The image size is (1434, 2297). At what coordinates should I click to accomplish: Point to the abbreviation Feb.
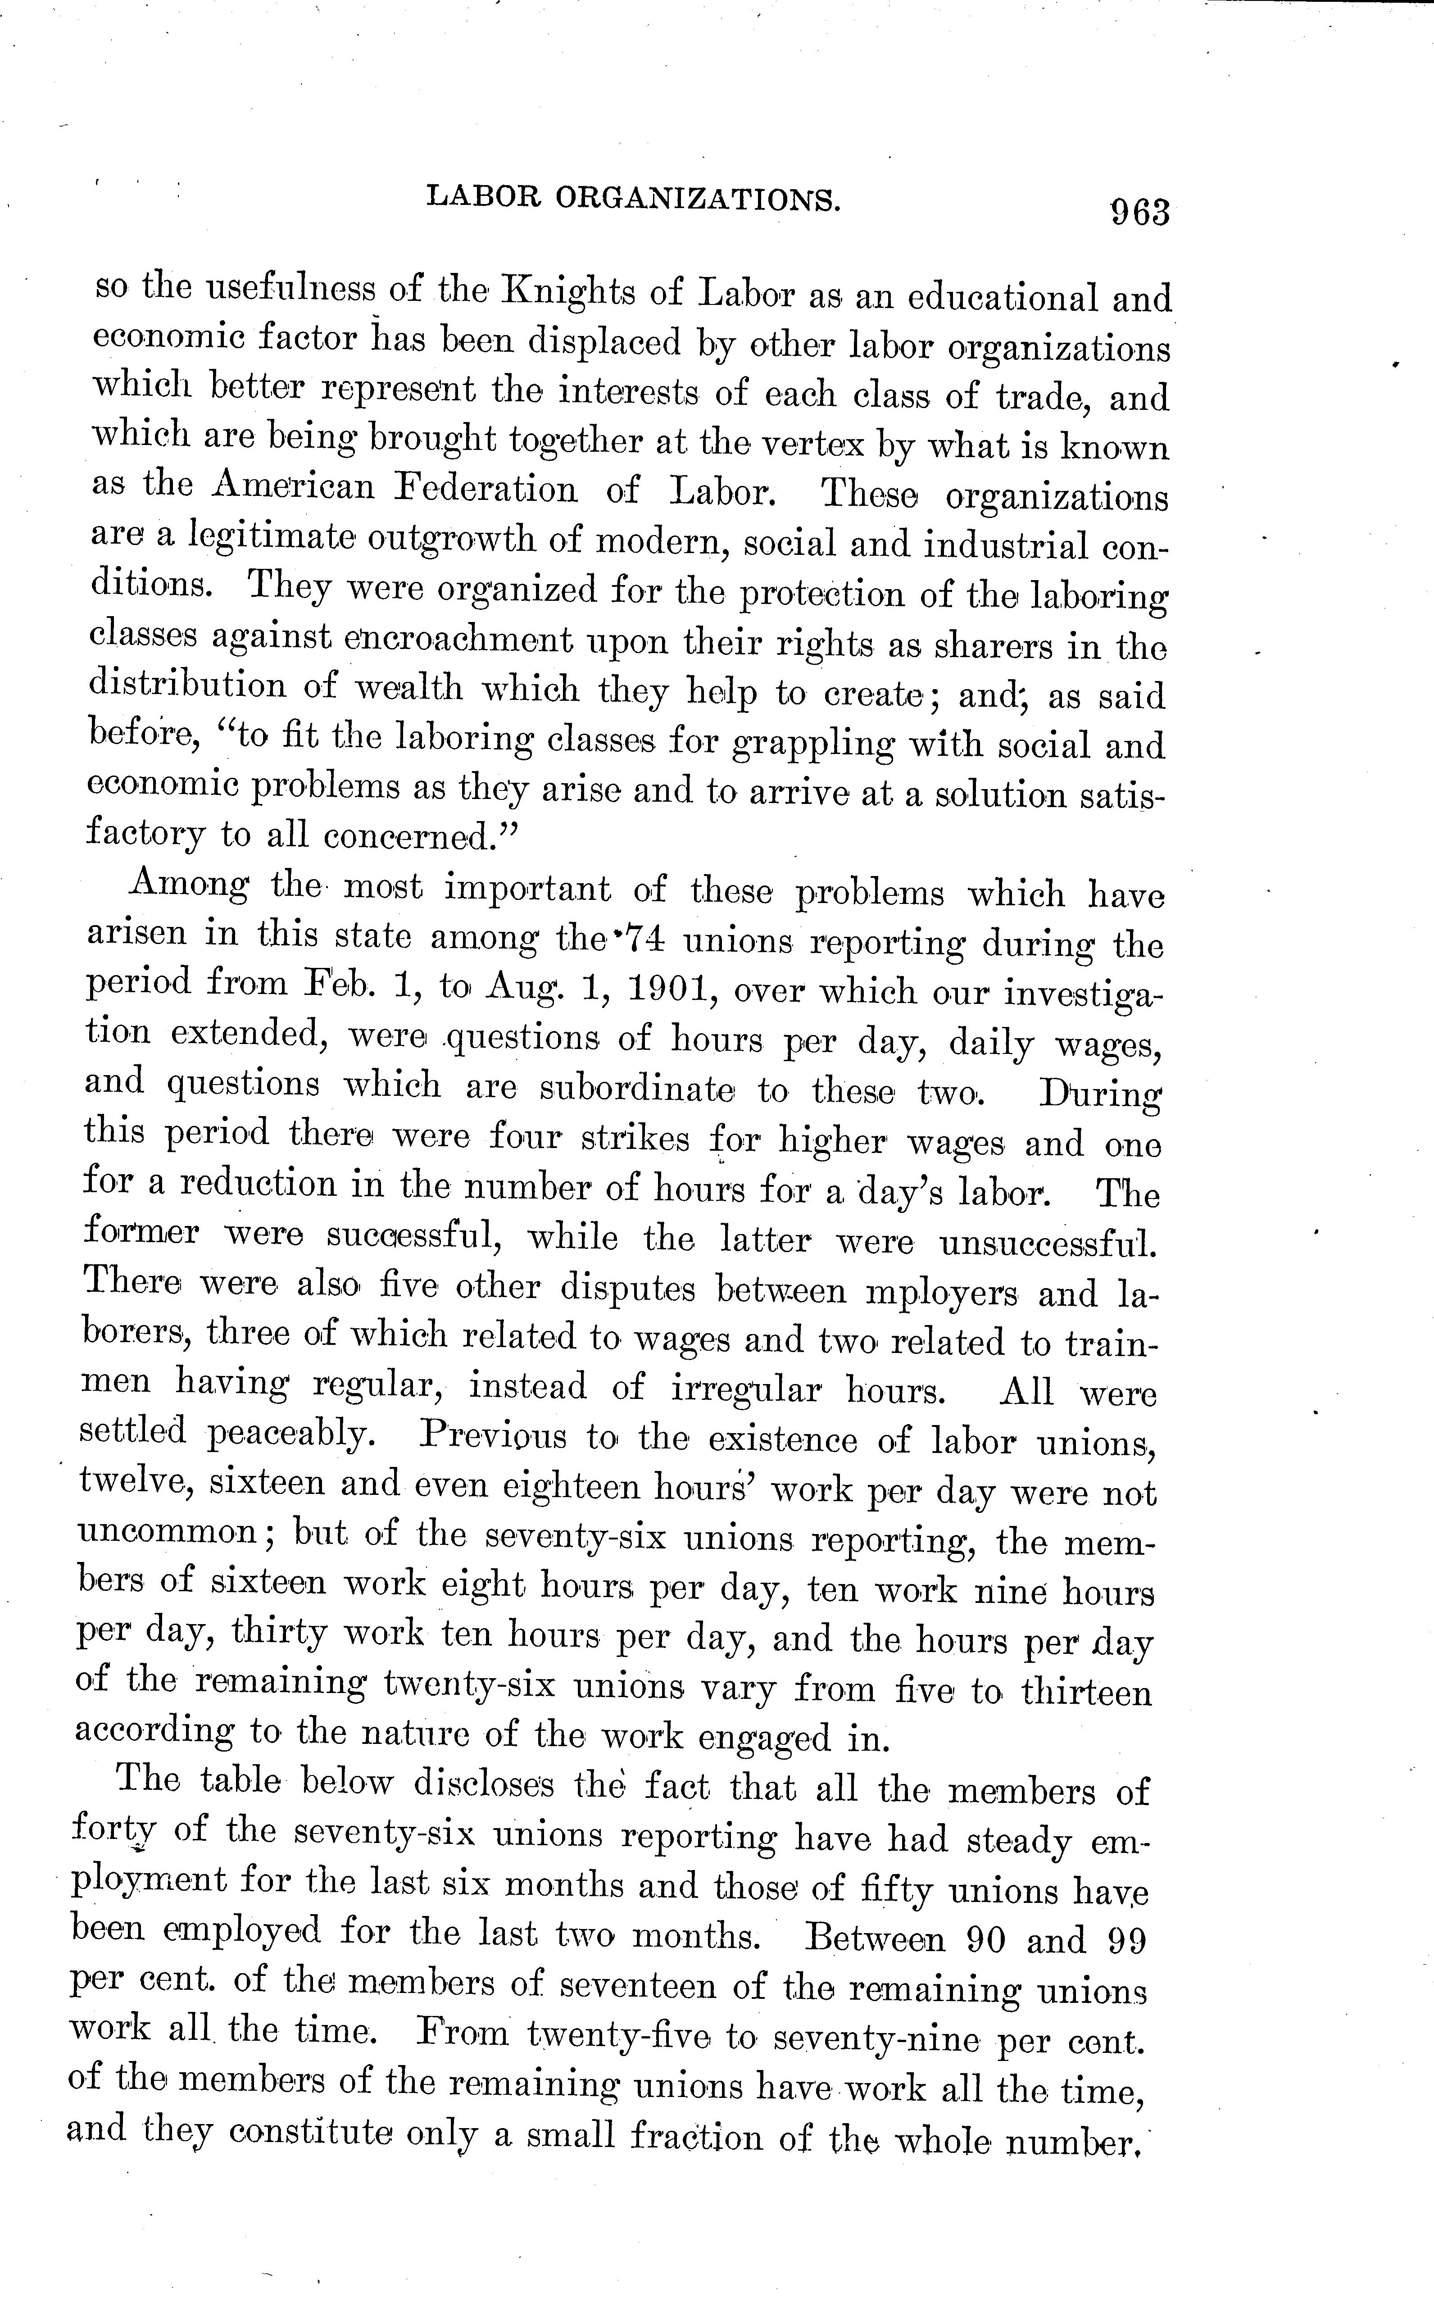[340, 983]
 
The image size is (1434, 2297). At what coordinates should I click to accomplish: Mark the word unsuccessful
[1049, 1242]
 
